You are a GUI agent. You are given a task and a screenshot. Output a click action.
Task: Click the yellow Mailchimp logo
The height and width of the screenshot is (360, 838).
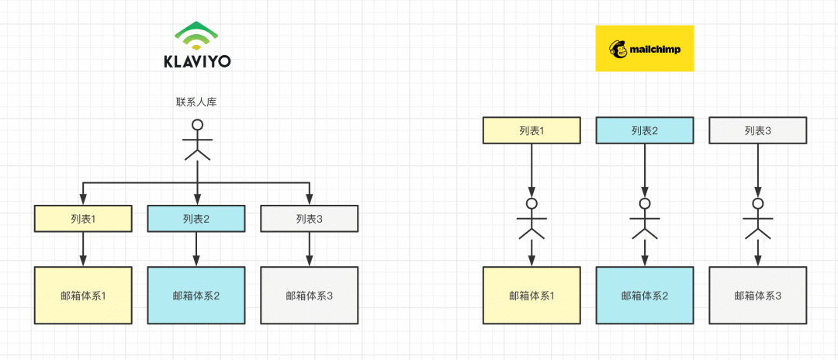pyautogui.click(x=644, y=48)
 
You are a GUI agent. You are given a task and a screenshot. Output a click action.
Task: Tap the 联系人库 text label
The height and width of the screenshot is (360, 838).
pyautogui.click(x=197, y=102)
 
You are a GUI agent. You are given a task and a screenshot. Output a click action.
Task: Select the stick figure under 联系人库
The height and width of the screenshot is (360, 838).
pyautogui.click(x=197, y=140)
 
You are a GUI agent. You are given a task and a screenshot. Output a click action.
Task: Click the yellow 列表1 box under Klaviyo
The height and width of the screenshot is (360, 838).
pyautogui.click(x=83, y=218)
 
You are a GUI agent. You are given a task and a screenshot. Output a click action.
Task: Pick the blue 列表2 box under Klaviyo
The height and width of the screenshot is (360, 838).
pyautogui.click(x=196, y=218)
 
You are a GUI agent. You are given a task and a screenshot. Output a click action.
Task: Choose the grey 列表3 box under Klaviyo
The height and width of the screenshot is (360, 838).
pyautogui.click(x=309, y=218)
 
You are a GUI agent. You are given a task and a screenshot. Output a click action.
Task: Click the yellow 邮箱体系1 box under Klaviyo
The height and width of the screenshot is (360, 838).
pyautogui.click(x=83, y=295)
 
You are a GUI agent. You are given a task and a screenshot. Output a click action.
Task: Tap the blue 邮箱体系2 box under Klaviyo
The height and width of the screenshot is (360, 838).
pyautogui.click(x=196, y=295)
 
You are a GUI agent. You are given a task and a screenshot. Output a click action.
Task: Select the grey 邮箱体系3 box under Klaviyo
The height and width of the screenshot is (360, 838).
pyautogui.click(x=309, y=295)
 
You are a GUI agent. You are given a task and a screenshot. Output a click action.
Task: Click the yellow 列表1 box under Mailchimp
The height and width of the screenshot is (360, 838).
pyautogui.click(x=532, y=130)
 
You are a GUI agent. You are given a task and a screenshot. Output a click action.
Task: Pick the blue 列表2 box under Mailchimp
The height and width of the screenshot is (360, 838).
pyautogui.click(x=644, y=130)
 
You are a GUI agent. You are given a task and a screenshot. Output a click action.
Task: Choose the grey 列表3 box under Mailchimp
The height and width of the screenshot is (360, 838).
pyautogui.click(x=757, y=130)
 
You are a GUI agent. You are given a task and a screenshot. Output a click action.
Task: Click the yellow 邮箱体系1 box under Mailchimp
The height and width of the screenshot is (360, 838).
pyautogui.click(x=532, y=295)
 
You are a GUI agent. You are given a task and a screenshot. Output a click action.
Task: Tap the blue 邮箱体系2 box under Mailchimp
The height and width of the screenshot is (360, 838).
pyautogui.click(x=644, y=295)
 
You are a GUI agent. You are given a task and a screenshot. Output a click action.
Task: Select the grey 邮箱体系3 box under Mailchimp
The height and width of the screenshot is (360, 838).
pyautogui.click(x=757, y=295)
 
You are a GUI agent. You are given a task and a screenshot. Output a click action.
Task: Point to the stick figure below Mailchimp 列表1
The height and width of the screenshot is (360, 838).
pyautogui.click(x=532, y=218)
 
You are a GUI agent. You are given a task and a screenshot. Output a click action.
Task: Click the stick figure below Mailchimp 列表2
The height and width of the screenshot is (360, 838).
pyautogui.click(x=644, y=218)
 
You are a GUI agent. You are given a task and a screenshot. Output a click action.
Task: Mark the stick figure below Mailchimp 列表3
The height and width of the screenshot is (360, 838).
pyautogui.click(x=757, y=218)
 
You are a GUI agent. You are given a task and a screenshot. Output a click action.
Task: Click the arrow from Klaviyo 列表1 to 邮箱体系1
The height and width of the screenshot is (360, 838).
pyautogui.click(x=83, y=249)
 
